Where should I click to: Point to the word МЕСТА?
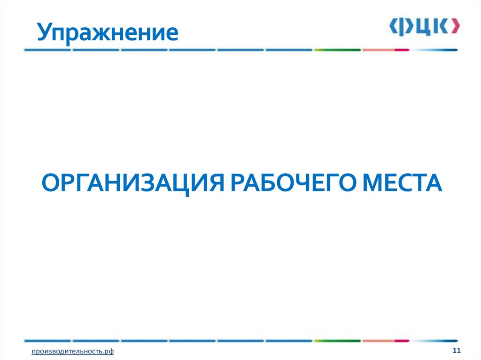point(400,183)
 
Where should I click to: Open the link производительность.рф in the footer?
point(73,352)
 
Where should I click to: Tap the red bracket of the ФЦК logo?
point(454,26)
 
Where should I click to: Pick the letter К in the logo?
point(440,26)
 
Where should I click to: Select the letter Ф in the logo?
point(405,26)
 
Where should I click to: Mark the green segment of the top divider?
point(337,49)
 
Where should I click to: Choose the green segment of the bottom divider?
point(337,340)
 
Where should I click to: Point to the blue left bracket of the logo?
point(393,26)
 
